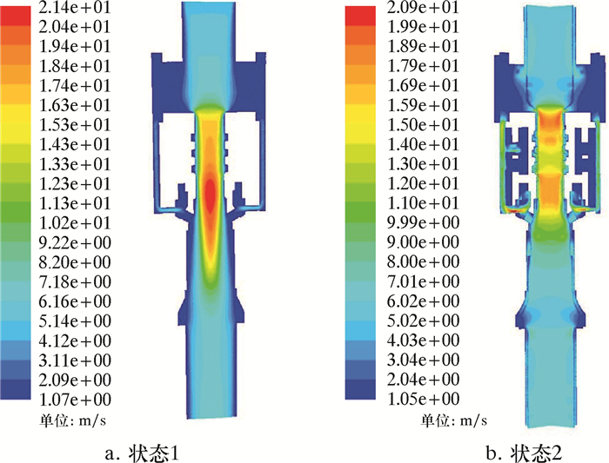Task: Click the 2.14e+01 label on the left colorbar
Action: click(74, 8)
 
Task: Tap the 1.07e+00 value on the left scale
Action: click(75, 399)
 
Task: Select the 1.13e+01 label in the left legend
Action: click(75, 203)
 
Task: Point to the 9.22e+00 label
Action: click(75, 242)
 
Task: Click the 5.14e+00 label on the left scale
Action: click(75, 321)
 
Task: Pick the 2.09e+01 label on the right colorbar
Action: click(423, 8)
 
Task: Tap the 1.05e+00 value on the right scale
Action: click(424, 399)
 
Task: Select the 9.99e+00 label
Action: click(424, 222)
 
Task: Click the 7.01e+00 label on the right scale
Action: click(424, 281)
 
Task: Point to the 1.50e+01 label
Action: click(423, 125)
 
